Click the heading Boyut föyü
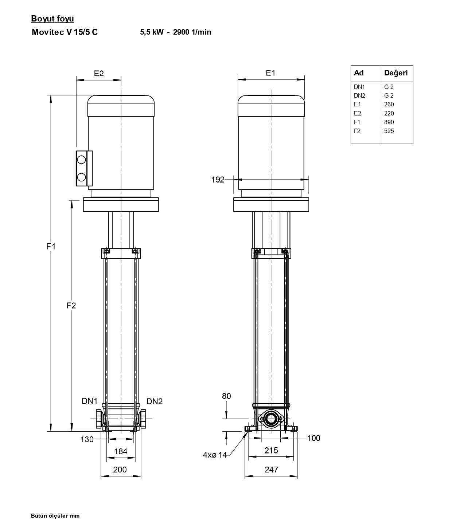pos(52,19)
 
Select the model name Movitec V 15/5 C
pos(65,32)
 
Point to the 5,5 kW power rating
pos(152,32)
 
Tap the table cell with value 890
pos(389,122)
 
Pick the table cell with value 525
pos(389,131)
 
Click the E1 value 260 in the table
pos(389,104)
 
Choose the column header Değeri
pos(396,73)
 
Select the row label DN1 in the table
pos(359,87)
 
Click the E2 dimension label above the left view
pos(99,73)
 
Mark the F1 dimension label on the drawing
pos(51,246)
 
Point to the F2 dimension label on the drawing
pos(71,305)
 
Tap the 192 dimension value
pos(218,180)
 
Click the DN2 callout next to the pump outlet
pos(154,401)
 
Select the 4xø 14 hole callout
pos(215,455)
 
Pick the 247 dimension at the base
pos(271,470)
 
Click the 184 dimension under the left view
pos(121,451)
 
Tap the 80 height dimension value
pos(226,396)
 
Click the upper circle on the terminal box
pos(82,160)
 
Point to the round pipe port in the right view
pos(270,419)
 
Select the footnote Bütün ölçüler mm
pos(55,516)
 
